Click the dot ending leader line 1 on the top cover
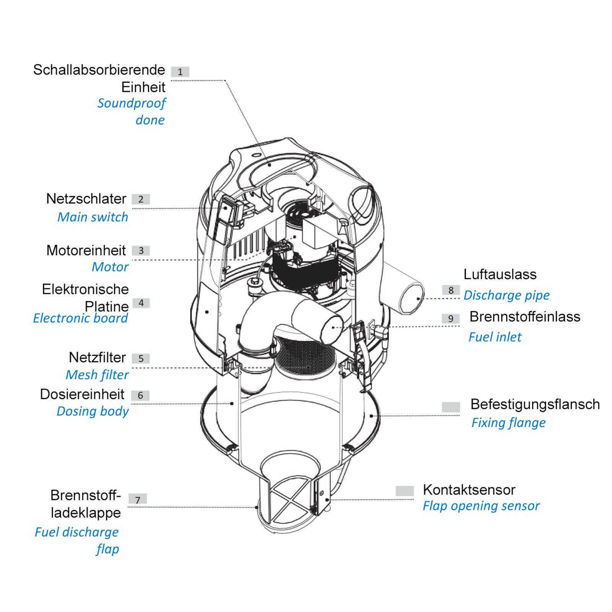click(x=269, y=164)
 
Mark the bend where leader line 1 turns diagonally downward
click(x=225, y=81)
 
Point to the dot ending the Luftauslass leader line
click(x=418, y=299)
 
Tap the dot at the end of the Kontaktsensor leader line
click(x=327, y=500)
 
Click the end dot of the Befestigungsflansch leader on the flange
click(x=371, y=415)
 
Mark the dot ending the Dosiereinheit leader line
click(x=232, y=403)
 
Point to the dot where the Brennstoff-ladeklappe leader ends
click(x=256, y=507)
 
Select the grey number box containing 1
click(x=180, y=72)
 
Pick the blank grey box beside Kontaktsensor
click(x=405, y=491)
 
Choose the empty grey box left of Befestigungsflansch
click(x=451, y=407)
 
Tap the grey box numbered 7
click(x=138, y=499)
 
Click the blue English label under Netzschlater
click(x=93, y=217)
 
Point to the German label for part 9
click(x=525, y=317)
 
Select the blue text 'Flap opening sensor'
click(x=481, y=506)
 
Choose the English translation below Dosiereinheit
click(x=93, y=411)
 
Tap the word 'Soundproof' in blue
click(x=132, y=103)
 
